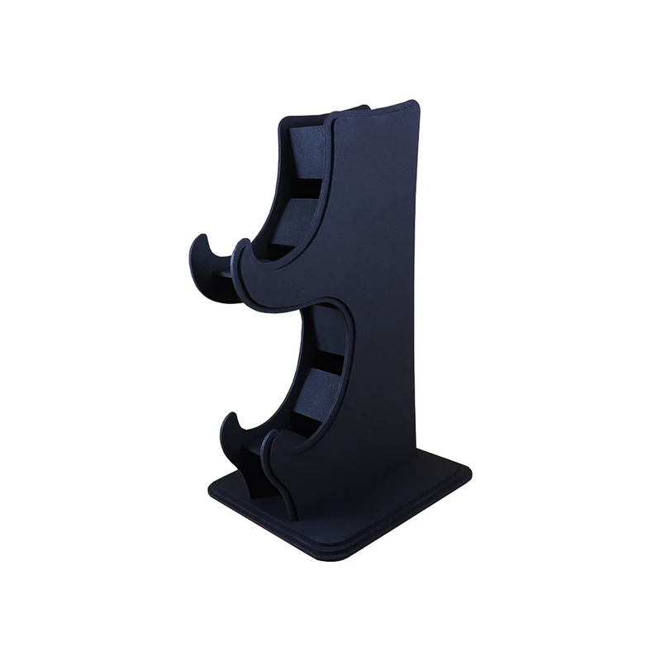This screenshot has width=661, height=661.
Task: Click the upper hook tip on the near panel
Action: pyautogui.click(x=240, y=245)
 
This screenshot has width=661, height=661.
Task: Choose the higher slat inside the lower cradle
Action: pyautogui.click(x=329, y=329)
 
